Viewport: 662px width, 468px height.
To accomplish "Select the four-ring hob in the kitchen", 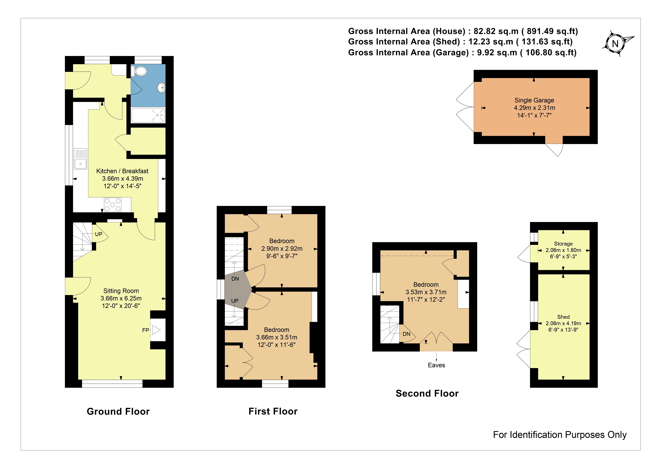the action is [113, 205].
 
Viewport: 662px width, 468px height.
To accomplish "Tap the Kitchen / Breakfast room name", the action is [122, 171].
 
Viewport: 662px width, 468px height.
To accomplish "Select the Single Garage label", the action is [534, 100].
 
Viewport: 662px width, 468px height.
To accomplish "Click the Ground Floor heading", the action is [118, 411].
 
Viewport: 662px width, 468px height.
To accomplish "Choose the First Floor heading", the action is [273, 411].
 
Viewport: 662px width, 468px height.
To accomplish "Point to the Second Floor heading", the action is [427, 393].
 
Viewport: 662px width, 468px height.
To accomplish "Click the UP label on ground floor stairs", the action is [99, 234].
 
